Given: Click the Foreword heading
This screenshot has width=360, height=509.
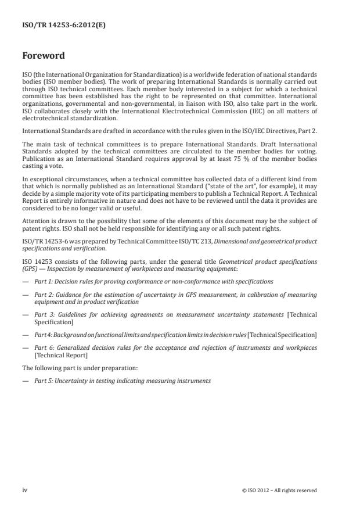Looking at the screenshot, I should click(44, 56).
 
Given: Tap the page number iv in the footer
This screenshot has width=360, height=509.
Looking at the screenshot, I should click(25, 490).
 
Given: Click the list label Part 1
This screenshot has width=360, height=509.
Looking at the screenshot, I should click(44, 282).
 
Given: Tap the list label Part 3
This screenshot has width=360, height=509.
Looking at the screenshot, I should click(44, 314).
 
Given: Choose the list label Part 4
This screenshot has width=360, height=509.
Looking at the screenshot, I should click(44, 335).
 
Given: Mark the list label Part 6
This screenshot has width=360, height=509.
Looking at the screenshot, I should click(44, 347).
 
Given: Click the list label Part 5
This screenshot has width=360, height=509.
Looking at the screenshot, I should click(44, 381).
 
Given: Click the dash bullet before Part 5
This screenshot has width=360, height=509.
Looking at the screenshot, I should click(25, 381).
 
